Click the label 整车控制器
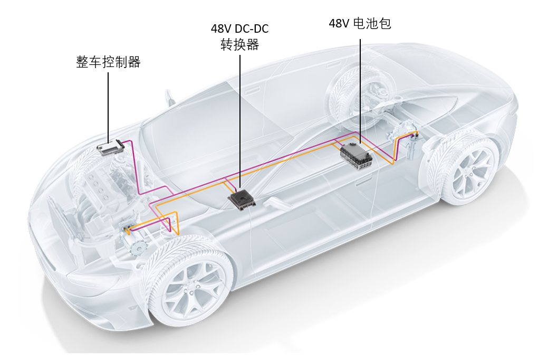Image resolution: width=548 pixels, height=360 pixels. (x=108, y=62)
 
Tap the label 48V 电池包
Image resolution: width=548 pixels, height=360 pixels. (x=360, y=23)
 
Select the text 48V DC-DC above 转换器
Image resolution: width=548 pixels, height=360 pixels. (x=240, y=29)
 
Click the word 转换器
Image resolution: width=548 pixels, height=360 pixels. (x=240, y=45)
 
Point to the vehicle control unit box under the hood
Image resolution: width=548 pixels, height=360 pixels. (x=110, y=148)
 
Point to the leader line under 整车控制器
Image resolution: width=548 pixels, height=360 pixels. (x=108, y=107)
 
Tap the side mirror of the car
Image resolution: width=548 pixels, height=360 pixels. (x=170, y=98)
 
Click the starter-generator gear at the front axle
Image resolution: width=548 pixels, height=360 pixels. (x=138, y=250)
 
